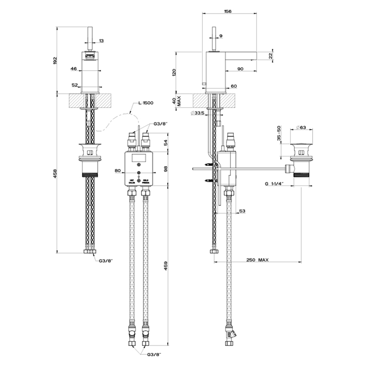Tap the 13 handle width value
(x=101, y=40)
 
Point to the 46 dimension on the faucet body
(x=74, y=68)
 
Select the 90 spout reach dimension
(x=240, y=69)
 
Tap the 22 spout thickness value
(x=271, y=56)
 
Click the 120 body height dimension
(x=174, y=72)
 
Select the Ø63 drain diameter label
(x=301, y=127)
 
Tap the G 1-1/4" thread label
(x=274, y=183)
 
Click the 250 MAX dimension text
(x=258, y=260)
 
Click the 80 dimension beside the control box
(x=117, y=170)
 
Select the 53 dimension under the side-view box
(x=242, y=211)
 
